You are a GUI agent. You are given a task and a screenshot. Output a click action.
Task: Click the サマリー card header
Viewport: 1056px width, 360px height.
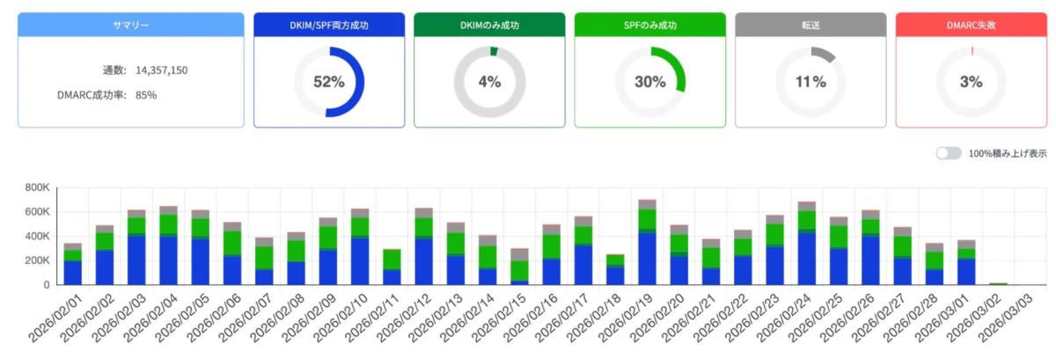point(130,25)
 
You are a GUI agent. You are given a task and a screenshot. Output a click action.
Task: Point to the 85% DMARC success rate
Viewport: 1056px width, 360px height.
point(146,94)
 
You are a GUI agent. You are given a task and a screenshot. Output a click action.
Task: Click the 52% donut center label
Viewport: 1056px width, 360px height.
point(328,82)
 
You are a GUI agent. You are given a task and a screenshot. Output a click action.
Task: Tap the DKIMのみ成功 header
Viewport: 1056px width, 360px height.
point(489,25)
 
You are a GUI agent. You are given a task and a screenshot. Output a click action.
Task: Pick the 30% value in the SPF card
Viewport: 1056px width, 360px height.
point(649,82)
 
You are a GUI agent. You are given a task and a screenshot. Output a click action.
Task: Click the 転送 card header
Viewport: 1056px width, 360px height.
point(810,25)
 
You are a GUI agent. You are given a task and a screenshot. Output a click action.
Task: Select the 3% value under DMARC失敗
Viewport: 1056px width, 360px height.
point(971,82)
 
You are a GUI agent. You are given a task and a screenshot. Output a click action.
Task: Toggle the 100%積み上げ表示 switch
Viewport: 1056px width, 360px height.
point(948,153)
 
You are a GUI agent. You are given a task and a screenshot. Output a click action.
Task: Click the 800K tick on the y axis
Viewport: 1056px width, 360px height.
point(37,187)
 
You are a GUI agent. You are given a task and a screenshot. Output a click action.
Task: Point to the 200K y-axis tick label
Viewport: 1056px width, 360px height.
point(37,261)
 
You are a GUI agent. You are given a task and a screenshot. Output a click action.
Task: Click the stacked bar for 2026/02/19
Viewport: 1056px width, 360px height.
point(647,242)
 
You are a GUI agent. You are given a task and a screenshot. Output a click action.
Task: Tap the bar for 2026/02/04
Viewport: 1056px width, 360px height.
point(168,246)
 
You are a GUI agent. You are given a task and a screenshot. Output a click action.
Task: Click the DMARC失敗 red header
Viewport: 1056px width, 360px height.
point(971,25)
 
